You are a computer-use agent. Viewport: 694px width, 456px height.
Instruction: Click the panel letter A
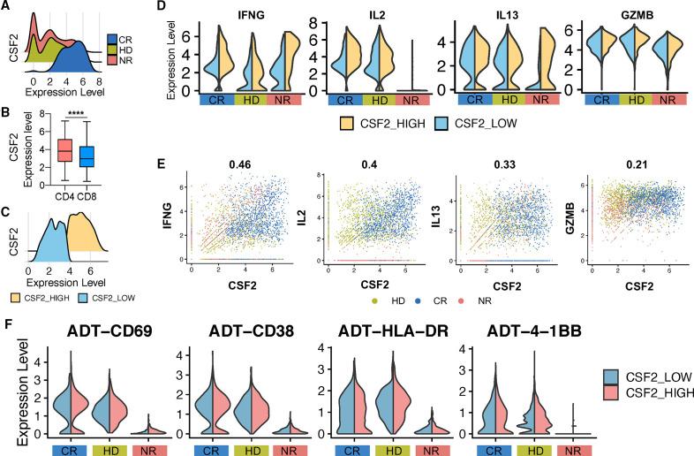point(7,8)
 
